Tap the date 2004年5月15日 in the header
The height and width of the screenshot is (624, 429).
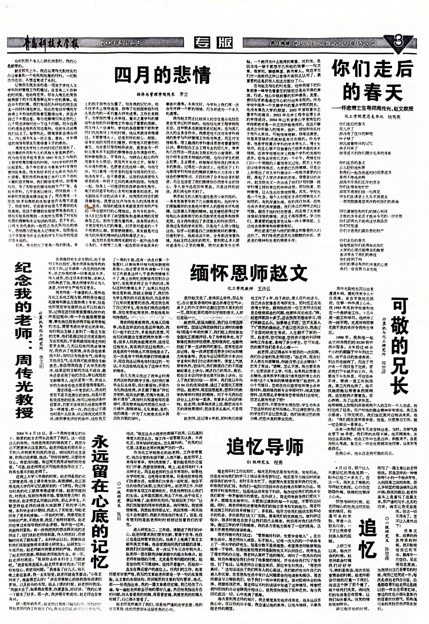pyautogui.click(x=121, y=42)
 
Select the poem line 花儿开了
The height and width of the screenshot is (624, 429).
pyautogui.click(x=346, y=129)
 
